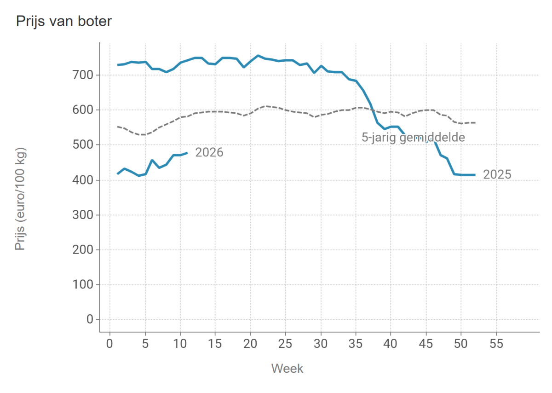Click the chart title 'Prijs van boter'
click(x=63, y=22)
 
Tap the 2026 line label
click(x=209, y=152)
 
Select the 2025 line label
click(x=497, y=174)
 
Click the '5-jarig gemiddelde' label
click(x=413, y=137)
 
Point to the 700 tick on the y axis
click(x=84, y=75)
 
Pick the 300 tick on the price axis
click(x=84, y=215)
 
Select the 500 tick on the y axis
click(x=84, y=145)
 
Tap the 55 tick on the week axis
click(x=496, y=343)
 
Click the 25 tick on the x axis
click(x=286, y=343)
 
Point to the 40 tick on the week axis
click(x=391, y=343)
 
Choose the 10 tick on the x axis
click(x=180, y=343)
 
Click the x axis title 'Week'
click(x=287, y=368)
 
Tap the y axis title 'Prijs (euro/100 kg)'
click(x=20, y=199)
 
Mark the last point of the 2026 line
click(x=187, y=153)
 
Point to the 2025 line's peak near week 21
click(x=258, y=56)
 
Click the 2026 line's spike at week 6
click(x=152, y=160)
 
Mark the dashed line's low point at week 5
click(x=145, y=135)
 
